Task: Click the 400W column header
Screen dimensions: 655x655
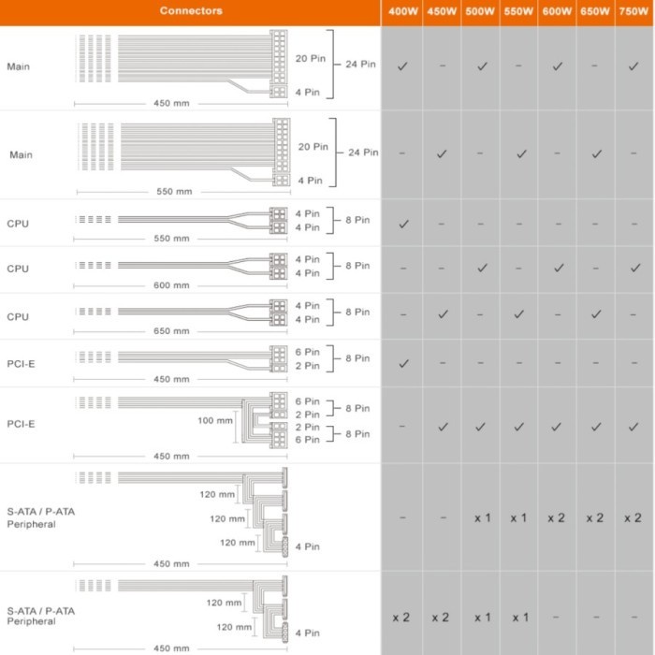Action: [x=401, y=13]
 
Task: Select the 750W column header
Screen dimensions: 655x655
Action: [x=634, y=13]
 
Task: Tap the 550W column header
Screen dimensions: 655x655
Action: [x=518, y=13]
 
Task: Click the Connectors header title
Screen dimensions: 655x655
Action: [x=191, y=11]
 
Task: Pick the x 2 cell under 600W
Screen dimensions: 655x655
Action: [x=556, y=517]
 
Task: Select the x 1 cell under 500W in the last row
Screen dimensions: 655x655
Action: [x=481, y=618]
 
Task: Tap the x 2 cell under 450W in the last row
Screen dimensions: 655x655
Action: [x=441, y=618]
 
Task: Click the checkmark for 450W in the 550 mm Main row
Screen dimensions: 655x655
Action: [x=442, y=153]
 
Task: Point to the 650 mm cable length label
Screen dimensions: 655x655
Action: [x=170, y=331]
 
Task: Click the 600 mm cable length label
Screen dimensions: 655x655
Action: [x=170, y=285]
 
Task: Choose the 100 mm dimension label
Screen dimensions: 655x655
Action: [x=215, y=421]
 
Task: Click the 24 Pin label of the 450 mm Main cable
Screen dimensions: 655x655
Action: [x=360, y=65]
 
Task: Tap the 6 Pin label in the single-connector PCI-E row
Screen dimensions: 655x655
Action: [x=308, y=352]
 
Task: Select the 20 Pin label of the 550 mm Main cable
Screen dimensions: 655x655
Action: [x=313, y=147]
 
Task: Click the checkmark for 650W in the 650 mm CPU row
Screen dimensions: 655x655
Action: [x=596, y=313]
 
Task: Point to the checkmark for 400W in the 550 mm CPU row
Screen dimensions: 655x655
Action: [x=403, y=224]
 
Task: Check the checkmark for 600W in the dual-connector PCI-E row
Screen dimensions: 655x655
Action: [x=556, y=427]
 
